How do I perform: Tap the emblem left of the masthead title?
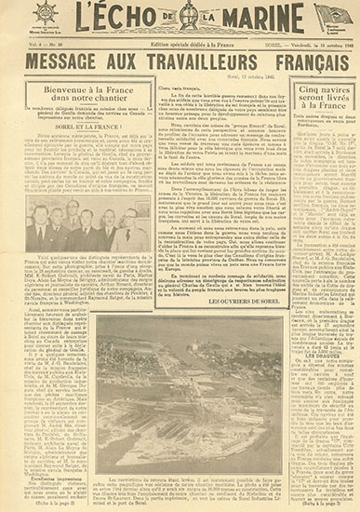[x=43, y=20]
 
